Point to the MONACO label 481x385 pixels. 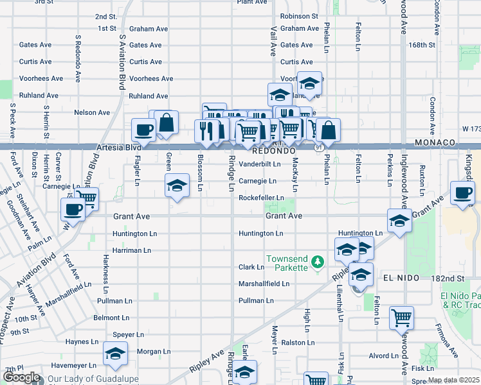435,142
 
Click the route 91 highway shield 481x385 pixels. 319,148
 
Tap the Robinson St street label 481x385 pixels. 299,16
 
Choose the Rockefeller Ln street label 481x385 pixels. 261,198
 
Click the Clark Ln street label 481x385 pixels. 251,267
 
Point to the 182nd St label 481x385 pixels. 448,278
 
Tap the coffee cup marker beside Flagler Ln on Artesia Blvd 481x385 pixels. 143,130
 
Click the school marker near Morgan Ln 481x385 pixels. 116,354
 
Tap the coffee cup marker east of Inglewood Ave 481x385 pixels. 462,193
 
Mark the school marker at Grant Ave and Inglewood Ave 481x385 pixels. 399,221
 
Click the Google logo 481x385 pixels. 22,378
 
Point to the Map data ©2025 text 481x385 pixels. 453,380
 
